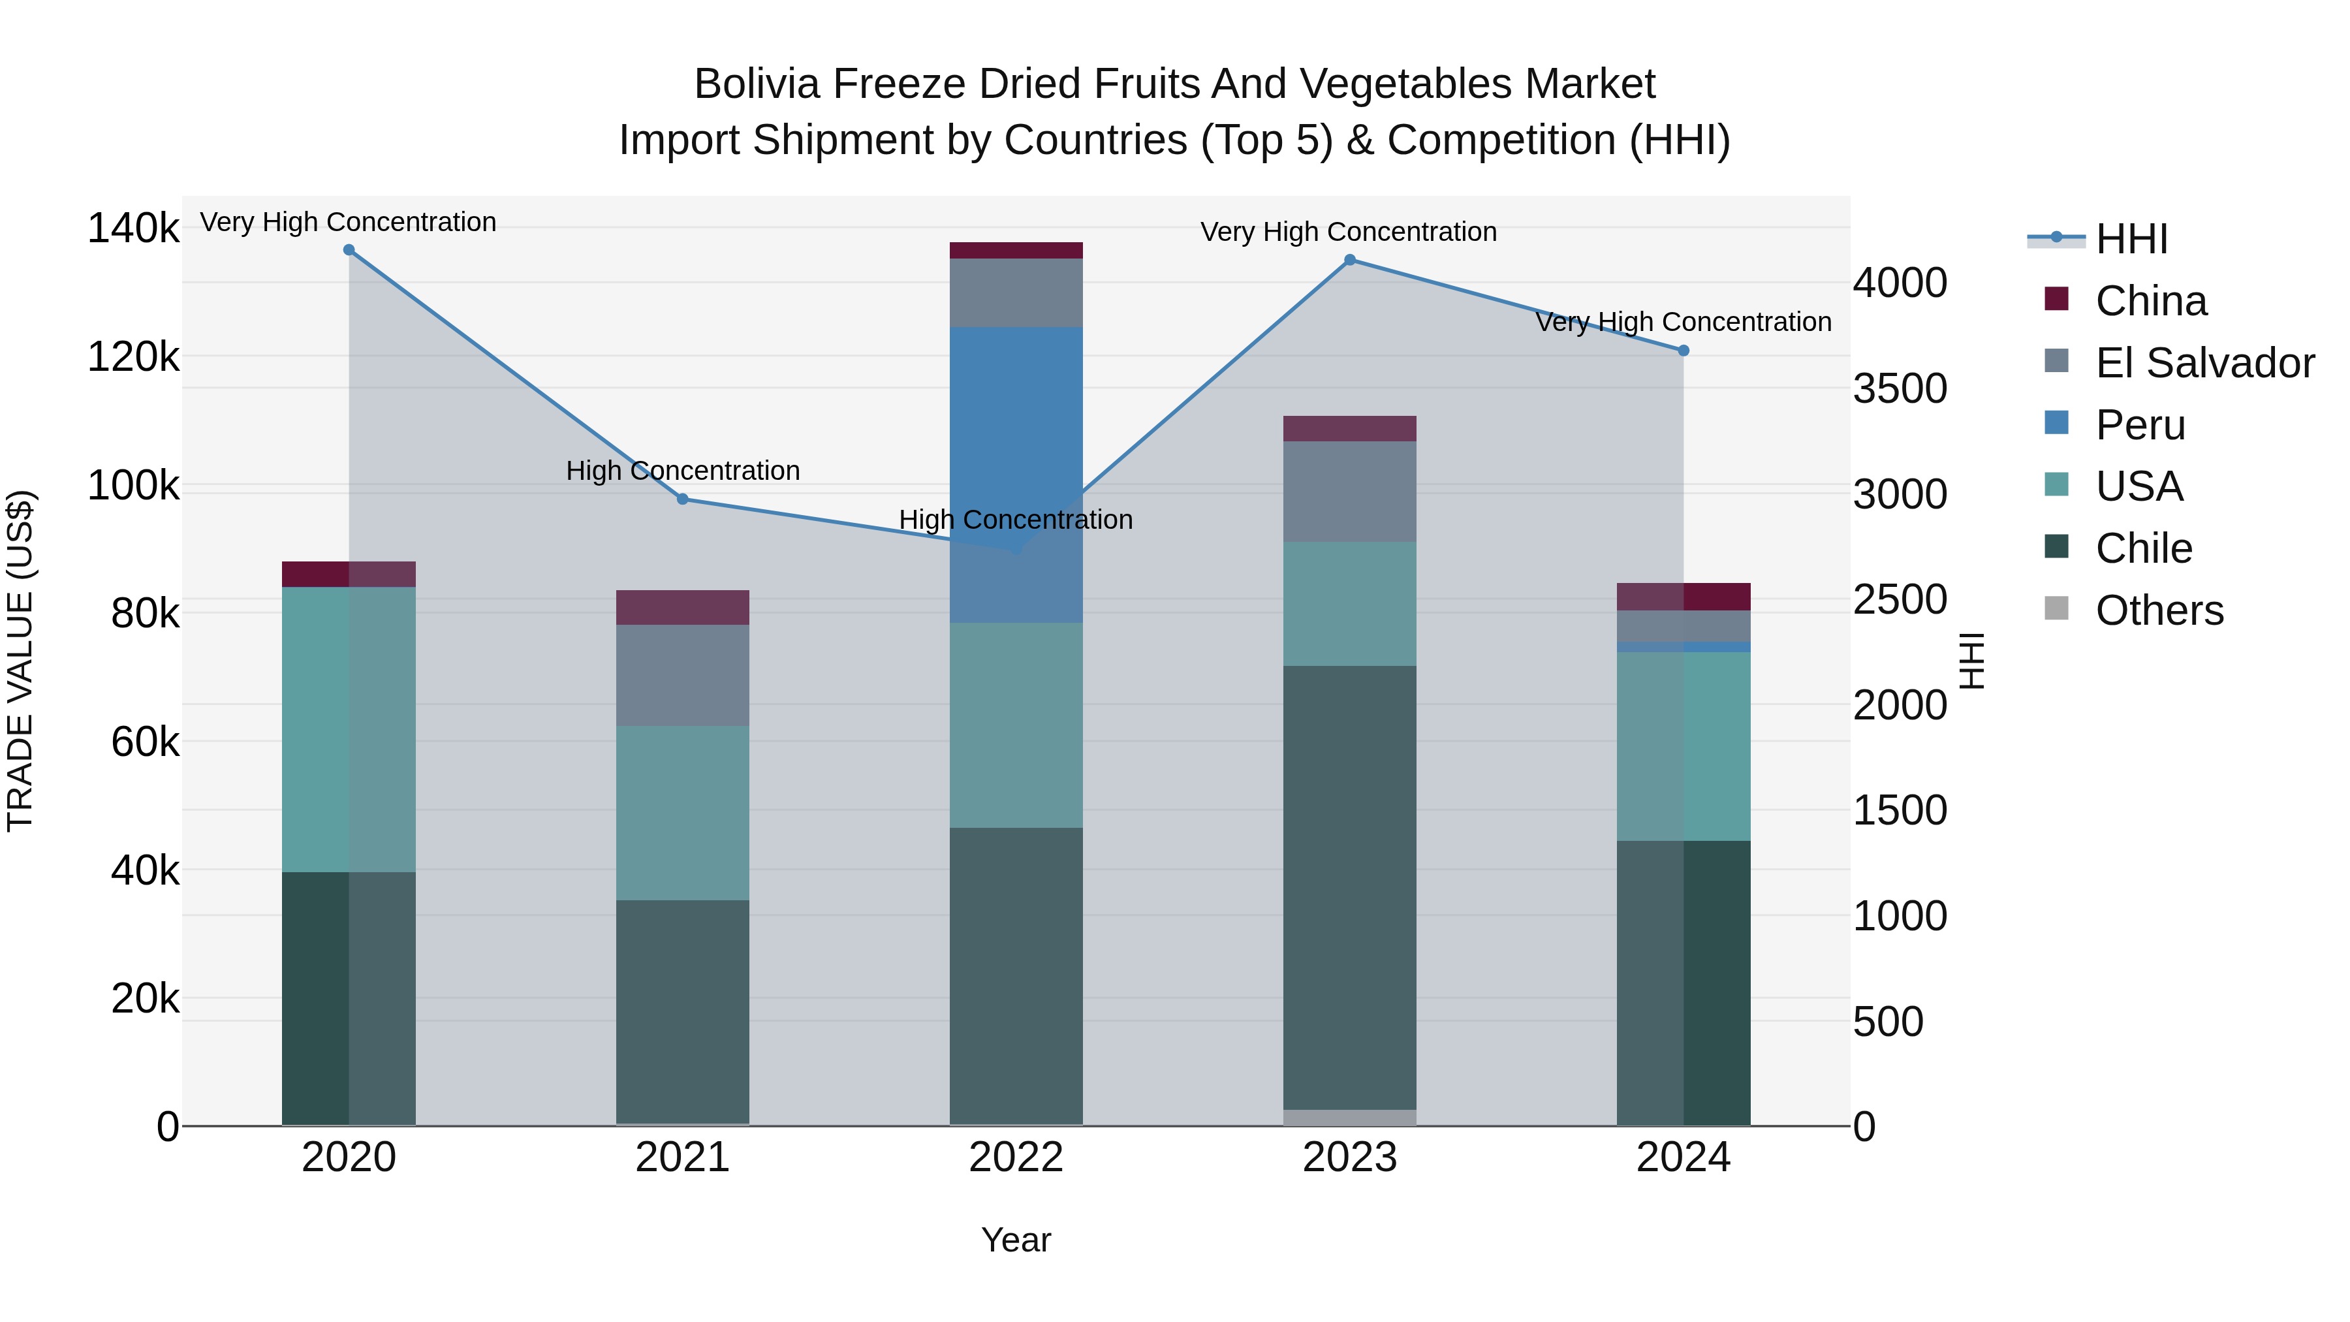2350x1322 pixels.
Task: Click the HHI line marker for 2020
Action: point(349,250)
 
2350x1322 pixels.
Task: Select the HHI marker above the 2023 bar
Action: point(1350,260)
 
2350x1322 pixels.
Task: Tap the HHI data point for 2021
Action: point(682,499)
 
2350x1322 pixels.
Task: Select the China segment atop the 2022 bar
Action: point(1016,251)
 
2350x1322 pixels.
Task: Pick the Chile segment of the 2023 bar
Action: point(1350,885)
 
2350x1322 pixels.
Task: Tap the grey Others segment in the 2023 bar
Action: point(1350,1118)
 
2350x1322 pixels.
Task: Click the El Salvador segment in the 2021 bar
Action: point(682,675)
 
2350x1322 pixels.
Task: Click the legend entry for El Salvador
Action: point(2204,363)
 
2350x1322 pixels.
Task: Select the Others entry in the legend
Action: point(2159,610)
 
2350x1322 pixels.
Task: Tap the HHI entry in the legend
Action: point(2131,239)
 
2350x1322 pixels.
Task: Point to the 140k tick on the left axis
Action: point(133,228)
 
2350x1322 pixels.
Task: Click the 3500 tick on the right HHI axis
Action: point(1900,388)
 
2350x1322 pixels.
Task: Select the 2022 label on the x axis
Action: point(1016,1157)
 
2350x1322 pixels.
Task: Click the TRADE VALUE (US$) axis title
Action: point(21,661)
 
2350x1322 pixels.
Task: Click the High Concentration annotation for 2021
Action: point(682,471)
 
